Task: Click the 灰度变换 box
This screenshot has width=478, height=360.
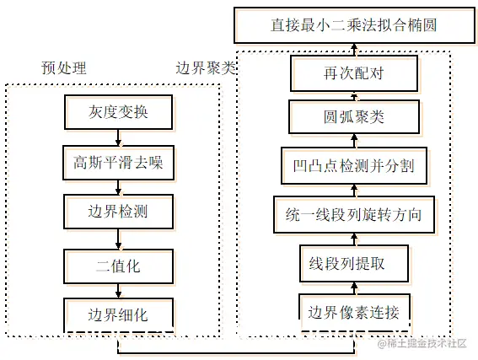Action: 118,112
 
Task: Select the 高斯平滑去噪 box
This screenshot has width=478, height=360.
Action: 118,164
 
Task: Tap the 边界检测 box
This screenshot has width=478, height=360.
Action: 118,212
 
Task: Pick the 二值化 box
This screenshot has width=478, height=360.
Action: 118,266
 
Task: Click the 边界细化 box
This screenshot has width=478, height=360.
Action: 118,314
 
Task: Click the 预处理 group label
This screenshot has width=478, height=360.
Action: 64,68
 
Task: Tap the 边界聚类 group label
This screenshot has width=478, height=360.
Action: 205,68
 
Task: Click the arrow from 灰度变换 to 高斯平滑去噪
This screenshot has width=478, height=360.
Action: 118,138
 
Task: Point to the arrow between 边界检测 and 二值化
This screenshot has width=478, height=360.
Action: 118,239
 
